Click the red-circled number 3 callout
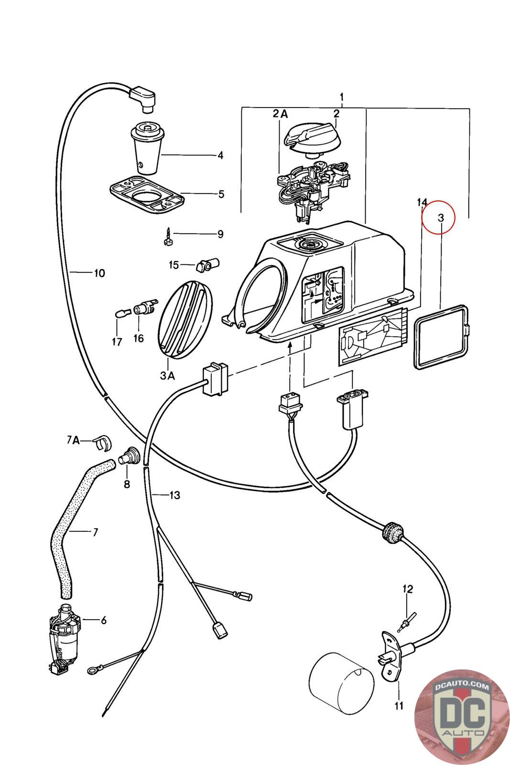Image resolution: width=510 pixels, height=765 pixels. point(441,218)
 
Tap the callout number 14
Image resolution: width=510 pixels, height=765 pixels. point(422,202)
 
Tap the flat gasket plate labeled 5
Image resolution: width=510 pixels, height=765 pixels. point(147,194)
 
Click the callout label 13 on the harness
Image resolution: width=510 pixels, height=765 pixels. point(174,495)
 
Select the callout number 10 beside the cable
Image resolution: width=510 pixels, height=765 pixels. point(99,273)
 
